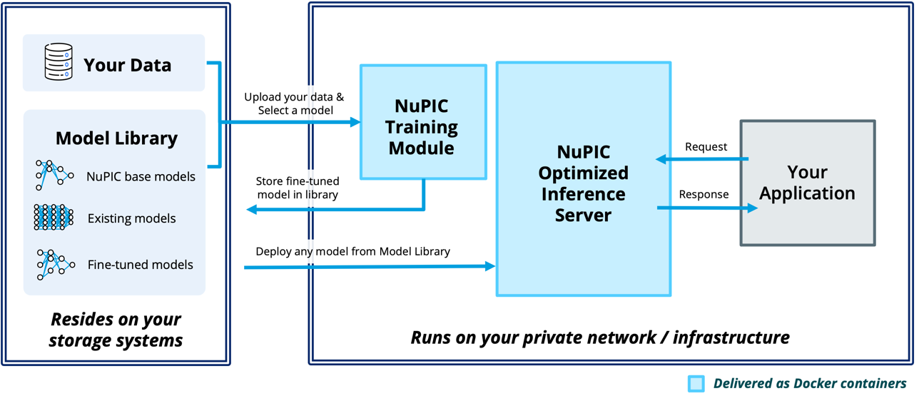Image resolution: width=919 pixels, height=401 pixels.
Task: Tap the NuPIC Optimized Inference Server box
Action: tap(583, 178)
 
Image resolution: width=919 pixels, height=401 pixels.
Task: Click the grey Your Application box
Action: tap(807, 183)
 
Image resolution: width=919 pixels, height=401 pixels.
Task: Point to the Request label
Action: tap(706, 147)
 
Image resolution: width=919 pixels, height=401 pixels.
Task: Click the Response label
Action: tap(704, 194)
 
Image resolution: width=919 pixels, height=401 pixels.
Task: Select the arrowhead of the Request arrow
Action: tap(661, 159)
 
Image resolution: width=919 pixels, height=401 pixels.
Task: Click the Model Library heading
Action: tap(116, 138)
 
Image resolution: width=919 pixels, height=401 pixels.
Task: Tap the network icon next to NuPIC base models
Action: tap(54, 175)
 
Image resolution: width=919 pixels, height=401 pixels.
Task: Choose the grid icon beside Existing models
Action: tap(54, 217)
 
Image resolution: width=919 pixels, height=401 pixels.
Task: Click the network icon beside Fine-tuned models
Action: tap(54, 265)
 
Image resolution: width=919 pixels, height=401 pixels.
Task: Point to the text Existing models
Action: tap(131, 218)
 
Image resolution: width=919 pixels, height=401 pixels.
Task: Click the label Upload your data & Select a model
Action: tap(294, 103)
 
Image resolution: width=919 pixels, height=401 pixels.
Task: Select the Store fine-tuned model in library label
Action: tap(297, 187)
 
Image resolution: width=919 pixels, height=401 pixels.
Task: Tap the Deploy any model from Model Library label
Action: tap(352, 251)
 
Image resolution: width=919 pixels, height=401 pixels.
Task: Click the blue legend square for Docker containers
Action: tap(696, 384)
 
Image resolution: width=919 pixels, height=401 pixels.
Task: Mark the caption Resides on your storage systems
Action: tap(116, 330)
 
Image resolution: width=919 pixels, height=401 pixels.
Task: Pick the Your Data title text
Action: tap(127, 65)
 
